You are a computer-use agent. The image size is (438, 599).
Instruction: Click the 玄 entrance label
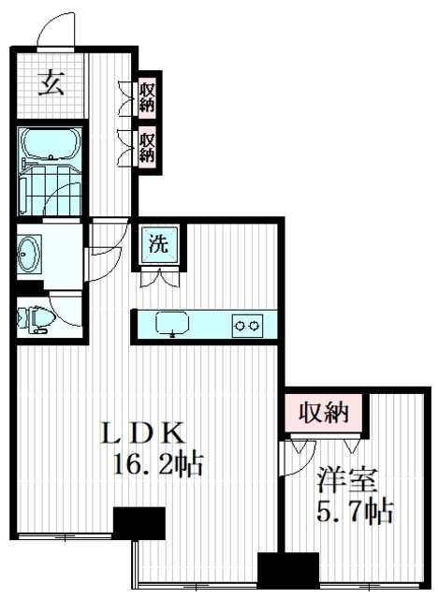pyautogui.click(x=51, y=84)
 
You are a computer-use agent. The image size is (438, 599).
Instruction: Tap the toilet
pyautogui.click(x=34, y=317)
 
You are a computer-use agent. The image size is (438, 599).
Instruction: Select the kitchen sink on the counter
pyautogui.click(x=172, y=324)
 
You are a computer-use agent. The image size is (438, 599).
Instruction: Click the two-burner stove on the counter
pyautogui.click(x=248, y=325)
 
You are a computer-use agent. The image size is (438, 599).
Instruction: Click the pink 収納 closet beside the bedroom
pyautogui.click(x=323, y=412)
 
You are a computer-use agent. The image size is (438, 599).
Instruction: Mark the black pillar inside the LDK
pyautogui.click(x=138, y=520)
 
